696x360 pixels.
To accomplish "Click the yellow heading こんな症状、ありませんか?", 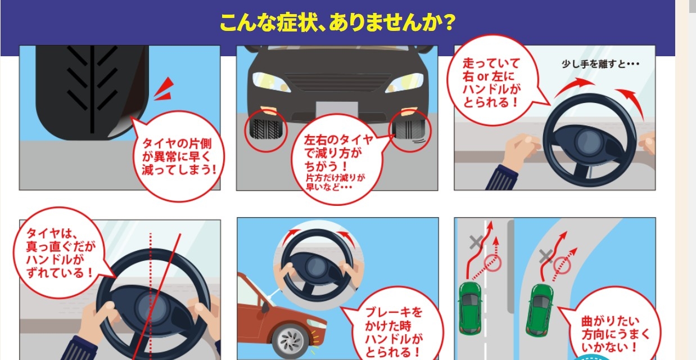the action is tap(337, 22).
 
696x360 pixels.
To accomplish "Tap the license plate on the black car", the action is tap(337, 110).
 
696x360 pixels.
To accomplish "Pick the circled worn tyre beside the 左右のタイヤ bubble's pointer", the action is tap(410, 131).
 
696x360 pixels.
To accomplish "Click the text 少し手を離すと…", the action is tap(600, 64).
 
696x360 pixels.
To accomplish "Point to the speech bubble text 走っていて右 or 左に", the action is tap(491, 70).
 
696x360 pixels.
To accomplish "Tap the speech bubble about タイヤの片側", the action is tap(179, 156).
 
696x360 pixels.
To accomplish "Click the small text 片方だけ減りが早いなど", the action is tap(335, 182).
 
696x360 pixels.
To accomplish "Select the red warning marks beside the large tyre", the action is tap(164, 89).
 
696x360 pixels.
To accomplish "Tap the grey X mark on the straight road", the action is tap(476, 242).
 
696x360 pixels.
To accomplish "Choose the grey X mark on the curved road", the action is tap(545, 256).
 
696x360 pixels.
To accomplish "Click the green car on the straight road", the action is tap(470, 308).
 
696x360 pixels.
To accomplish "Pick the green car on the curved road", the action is tap(539, 310).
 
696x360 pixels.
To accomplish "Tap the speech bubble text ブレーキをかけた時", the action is tap(394, 319).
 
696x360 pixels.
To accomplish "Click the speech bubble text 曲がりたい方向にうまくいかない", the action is tap(615, 335).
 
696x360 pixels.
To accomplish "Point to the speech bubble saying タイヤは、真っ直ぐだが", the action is tap(60, 253).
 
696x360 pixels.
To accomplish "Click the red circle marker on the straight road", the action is tap(493, 263).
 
